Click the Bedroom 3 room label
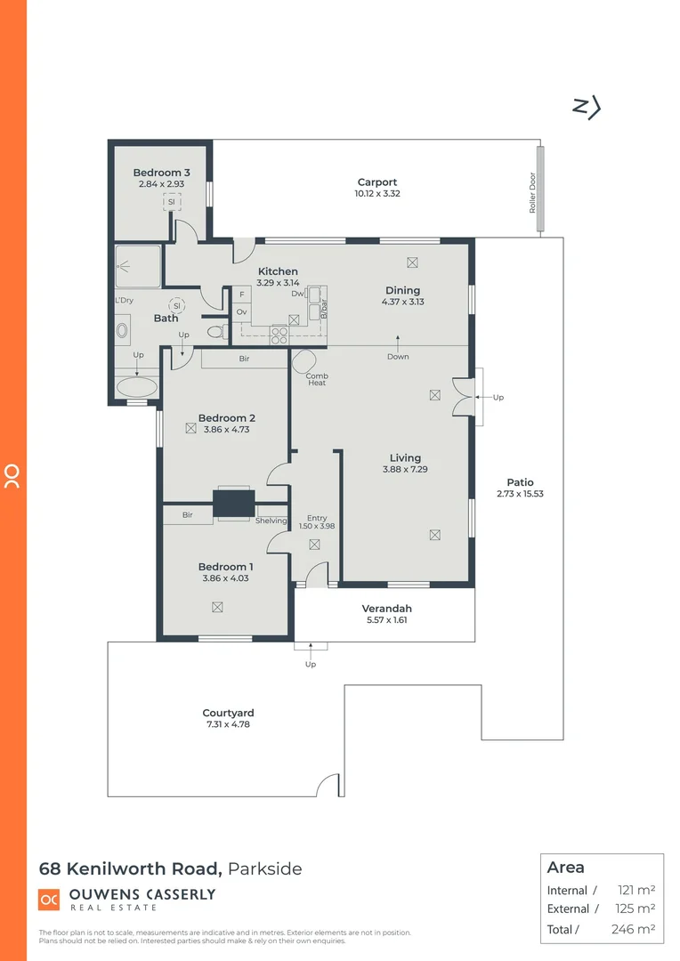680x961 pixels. click(x=161, y=173)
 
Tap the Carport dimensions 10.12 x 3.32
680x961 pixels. click(x=377, y=193)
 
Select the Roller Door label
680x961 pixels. click(x=533, y=194)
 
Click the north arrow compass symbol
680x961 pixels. click(x=586, y=107)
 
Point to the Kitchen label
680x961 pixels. click(x=278, y=271)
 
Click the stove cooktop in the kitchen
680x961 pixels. click(x=279, y=335)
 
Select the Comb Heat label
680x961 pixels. click(x=317, y=379)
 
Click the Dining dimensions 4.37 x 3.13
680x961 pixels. click(x=402, y=302)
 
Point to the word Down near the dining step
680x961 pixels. click(x=398, y=357)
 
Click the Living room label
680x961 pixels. click(x=405, y=458)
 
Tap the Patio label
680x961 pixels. click(x=521, y=482)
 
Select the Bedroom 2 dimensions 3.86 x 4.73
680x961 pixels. click(x=227, y=429)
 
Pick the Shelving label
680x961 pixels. click(x=271, y=521)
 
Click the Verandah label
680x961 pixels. click(x=386, y=609)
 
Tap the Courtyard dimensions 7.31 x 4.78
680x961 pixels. click(x=228, y=724)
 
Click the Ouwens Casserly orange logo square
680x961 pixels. click(x=49, y=900)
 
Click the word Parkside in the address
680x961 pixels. click(x=265, y=868)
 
